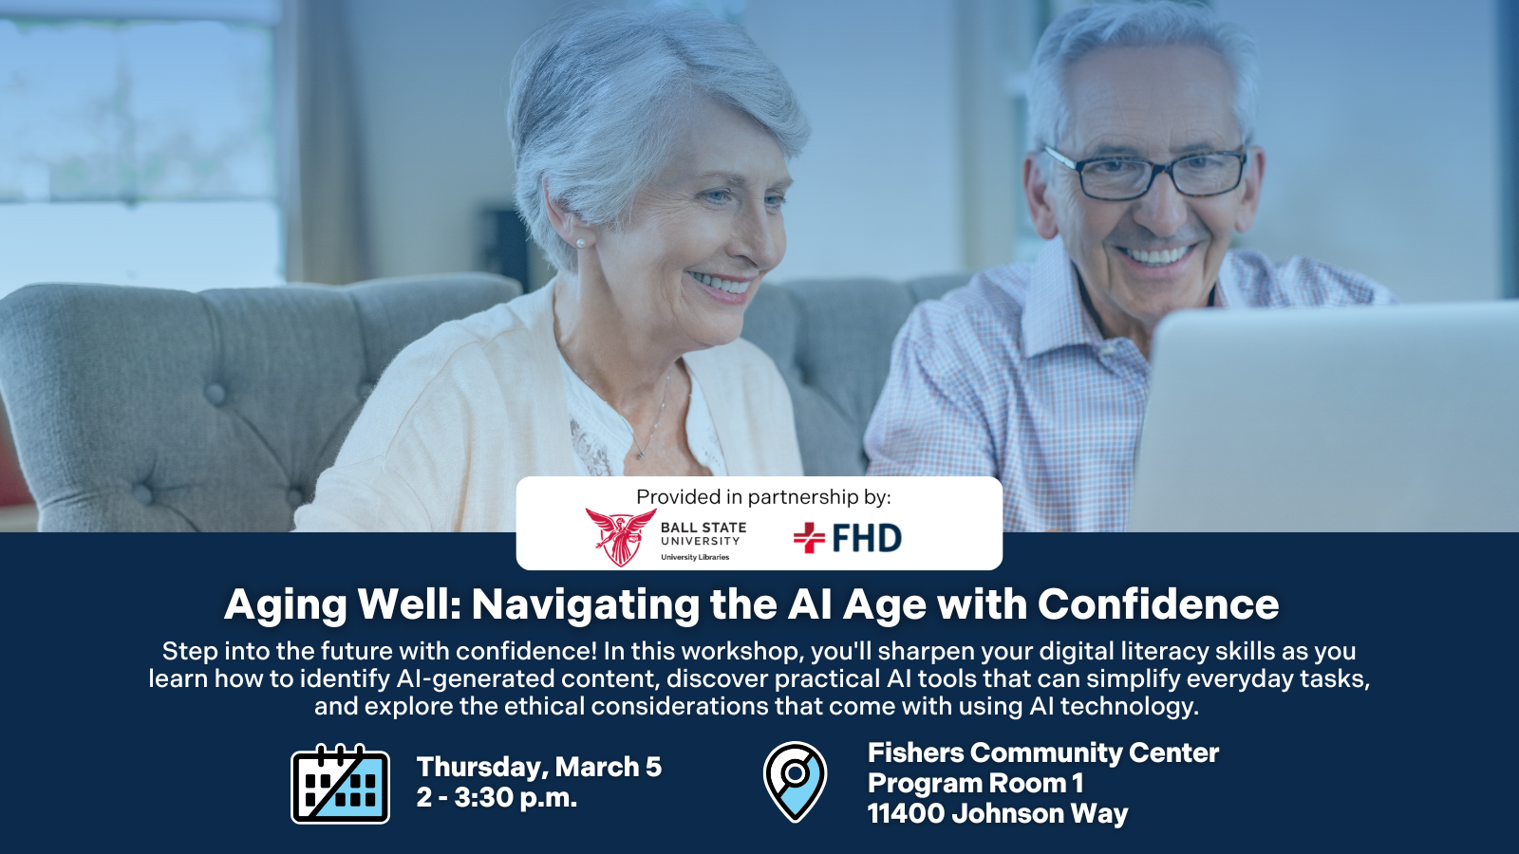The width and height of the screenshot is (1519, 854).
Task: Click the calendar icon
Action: click(340, 784)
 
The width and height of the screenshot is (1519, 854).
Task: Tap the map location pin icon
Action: click(795, 782)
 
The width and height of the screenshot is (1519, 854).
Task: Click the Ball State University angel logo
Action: click(621, 537)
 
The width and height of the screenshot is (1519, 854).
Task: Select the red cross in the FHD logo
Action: click(809, 537)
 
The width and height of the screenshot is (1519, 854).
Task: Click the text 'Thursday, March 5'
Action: click(539, 767)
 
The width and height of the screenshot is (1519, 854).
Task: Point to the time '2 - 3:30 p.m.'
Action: click(497, 798)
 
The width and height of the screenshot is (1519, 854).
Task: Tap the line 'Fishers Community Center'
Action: click(1043, 752)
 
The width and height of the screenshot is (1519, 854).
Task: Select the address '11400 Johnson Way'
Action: click(998, 813)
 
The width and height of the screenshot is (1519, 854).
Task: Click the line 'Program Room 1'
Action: click(975, 783)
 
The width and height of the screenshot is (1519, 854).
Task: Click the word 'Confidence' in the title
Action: click(1158, 603)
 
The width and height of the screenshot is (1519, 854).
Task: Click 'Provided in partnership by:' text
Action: click(763, 497)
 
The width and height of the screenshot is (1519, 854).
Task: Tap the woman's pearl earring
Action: click(580, 243)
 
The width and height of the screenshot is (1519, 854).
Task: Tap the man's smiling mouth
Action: click(1156, 255)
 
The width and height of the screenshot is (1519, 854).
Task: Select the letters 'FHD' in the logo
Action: click(867, 538)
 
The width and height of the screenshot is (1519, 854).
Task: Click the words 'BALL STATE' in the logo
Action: click(703, 528)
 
